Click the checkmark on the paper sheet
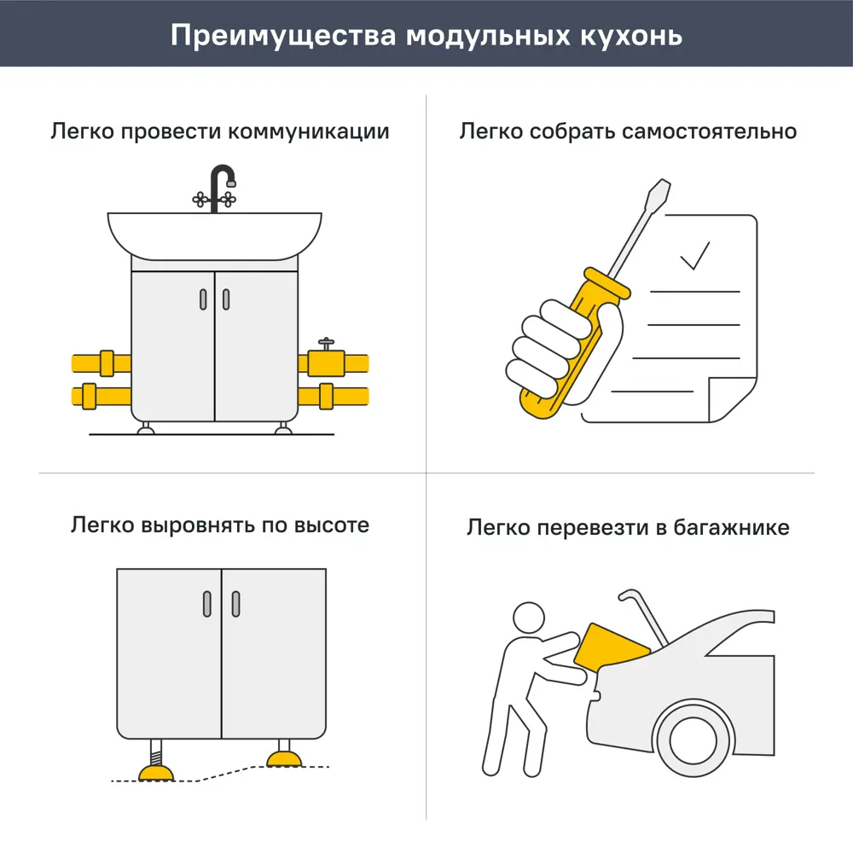[x=694, y=255]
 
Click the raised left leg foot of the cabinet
[x=157, y=772]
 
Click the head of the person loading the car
[x=528, y=618]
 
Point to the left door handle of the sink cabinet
[x=203, y=299]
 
